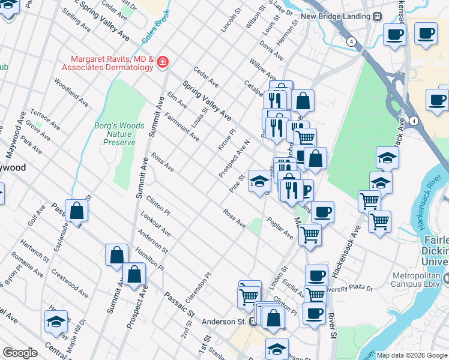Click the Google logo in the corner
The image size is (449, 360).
(19, 353)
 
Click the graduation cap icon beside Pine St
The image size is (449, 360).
(259, 180)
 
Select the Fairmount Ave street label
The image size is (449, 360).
(181, 127)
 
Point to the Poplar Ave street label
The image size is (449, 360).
(280, 228)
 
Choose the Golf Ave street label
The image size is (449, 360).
(32, 214)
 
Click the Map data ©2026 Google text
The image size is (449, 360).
(412, 355)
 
